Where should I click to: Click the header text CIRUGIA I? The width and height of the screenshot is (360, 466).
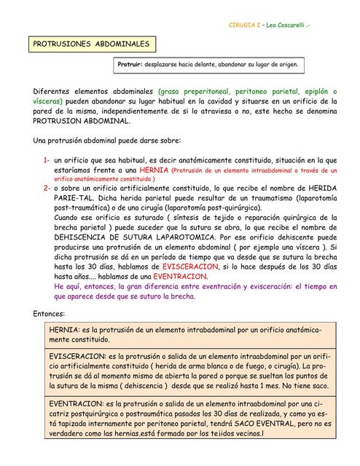[x=244, y=26]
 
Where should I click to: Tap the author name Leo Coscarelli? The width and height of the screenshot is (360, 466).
[x=288, y=26]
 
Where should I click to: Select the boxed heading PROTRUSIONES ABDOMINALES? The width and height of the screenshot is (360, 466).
[x=91, y=44]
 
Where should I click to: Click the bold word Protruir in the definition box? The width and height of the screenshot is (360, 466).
[x=130, y=65]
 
